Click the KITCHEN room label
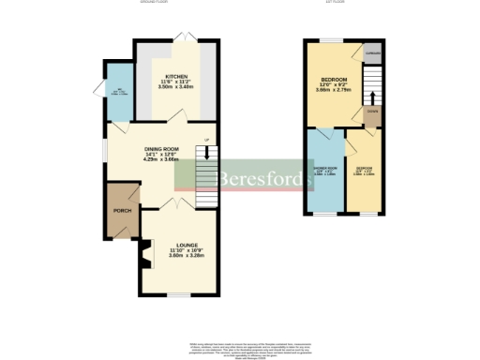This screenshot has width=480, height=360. (x=176, y=76)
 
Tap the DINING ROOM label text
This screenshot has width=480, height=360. (x=162, y=148)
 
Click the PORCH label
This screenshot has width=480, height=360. (x=122, y=211)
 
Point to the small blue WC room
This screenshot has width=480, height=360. (x=118, y=92)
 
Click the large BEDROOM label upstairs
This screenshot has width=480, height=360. (x=335, y=79)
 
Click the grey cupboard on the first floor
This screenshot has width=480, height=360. (x=373, y=54)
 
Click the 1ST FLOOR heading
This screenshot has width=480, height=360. (x=338, y=4)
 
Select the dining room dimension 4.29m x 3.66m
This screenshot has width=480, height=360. (x=162, y=159)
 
